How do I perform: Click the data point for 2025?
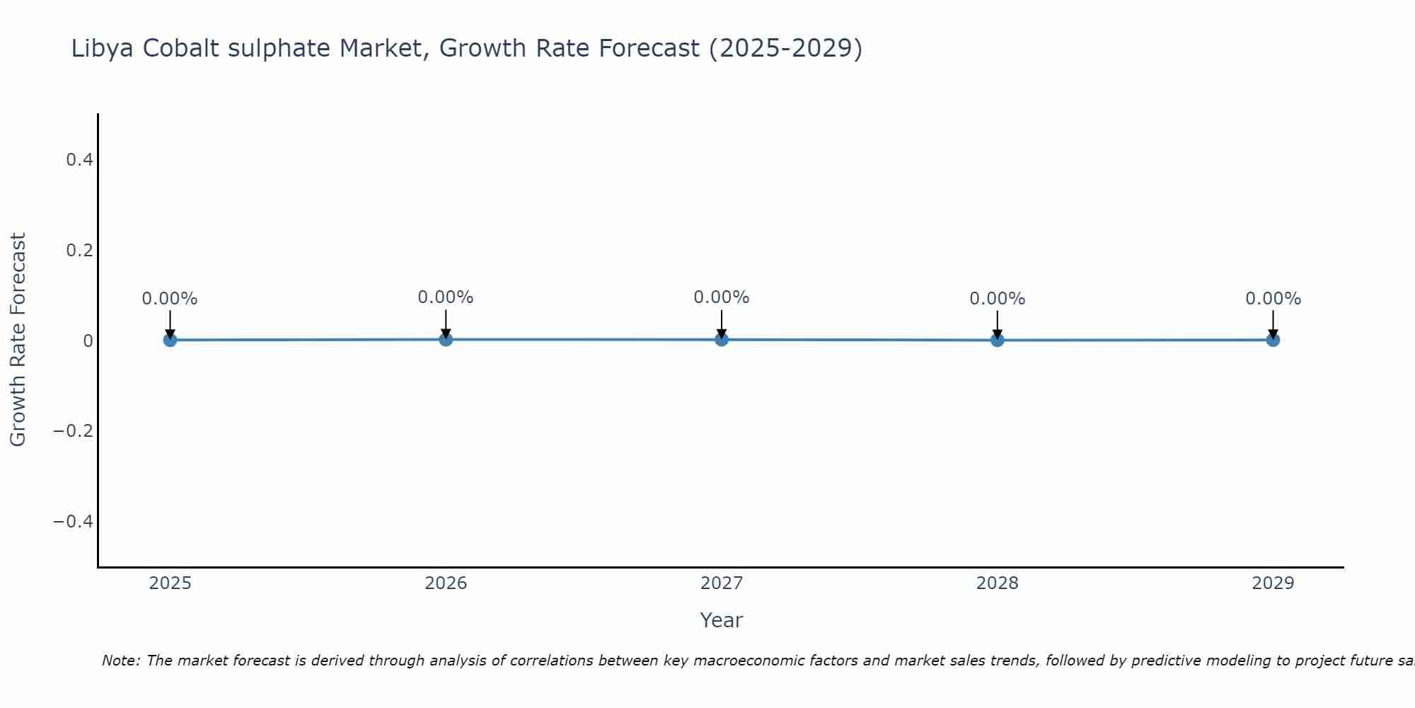pos(170,340)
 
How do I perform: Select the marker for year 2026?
pos(446,339)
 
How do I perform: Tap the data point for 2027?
pos(722,339)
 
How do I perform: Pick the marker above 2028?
pos(997,340)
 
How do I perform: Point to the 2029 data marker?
pos(1273,340)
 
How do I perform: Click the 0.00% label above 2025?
pos(170,299)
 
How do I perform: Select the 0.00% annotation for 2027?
pos(721,297)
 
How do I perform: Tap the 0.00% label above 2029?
pos(1273,299)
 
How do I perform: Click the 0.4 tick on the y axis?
pos(79,160)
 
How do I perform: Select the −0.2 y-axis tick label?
pos(74,431)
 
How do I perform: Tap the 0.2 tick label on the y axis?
pos(79,251)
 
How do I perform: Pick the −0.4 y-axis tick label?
pos(74,522)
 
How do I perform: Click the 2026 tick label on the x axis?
pos(446,583)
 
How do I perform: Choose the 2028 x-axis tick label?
pos(997,583)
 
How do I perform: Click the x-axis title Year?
pos(721,620)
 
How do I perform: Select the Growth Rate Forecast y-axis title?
pos(18,339)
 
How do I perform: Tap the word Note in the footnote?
pos(120,661)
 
